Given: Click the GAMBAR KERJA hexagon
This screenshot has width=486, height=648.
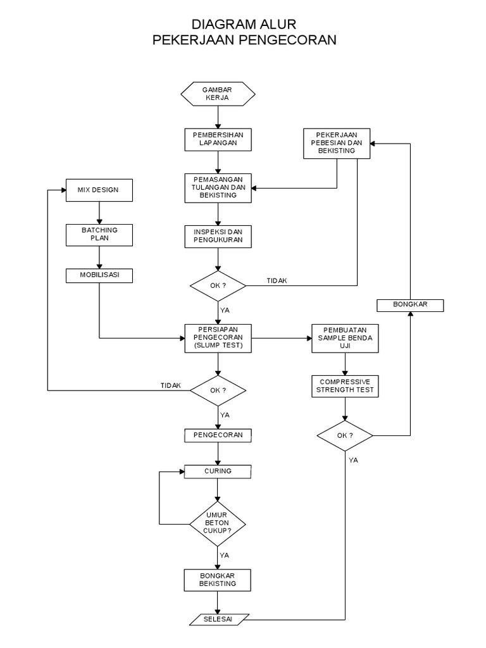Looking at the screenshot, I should coord(218,94).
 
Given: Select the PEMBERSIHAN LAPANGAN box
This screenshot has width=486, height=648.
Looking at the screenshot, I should coord(218,140).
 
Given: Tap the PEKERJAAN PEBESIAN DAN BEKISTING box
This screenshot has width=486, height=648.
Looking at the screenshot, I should coord(337,143).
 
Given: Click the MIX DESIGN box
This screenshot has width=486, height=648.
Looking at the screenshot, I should coord(100,190).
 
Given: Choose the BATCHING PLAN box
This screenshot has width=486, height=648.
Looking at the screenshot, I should coord(100,234).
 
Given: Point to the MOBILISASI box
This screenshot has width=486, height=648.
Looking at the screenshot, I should coord(100,275).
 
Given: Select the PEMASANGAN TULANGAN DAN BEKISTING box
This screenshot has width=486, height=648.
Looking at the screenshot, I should coord(218,187).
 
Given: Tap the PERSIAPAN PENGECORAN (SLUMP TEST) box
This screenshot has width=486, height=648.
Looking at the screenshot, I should coord(218,339).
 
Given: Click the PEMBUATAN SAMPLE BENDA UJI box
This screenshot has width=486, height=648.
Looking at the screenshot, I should coord(345,339).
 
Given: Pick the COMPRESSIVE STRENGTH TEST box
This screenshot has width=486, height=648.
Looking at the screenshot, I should coord(345,386).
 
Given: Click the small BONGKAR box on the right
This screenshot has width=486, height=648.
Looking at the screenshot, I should coord(410,305).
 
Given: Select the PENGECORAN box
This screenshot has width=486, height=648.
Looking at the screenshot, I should coord(218,435).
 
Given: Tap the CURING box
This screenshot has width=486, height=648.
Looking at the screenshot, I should coord(218,471).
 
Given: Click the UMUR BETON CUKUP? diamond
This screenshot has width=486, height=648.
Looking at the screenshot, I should coord(218,523).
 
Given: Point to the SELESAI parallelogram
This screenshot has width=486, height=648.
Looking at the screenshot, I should coord(218,618).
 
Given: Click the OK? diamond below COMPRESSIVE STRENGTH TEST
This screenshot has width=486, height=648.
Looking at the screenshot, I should coord(345,435).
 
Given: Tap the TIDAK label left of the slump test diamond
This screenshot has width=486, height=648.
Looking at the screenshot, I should coord(171,385).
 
